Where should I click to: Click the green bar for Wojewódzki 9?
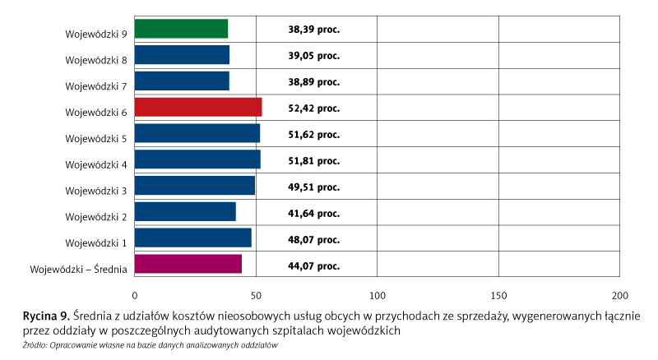pyautogui.click(x=181, y=29)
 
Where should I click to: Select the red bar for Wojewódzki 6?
pyautogui.click(x=197, y=107)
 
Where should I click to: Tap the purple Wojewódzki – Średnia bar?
pyautogui.click(x=188, y=264)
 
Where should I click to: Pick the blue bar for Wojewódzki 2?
pyautogui.click(x=185, y=211)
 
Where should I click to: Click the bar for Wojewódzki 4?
pyautogui.click(x=197, y=159)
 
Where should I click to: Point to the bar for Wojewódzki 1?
pyautogui.click(x=192, y=238)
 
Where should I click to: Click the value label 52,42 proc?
pyautogui.click(x=313, y=108)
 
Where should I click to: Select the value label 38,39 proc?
pyautogui.click(x=313, y=30)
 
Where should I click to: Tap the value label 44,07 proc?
pyautogui.click(x=313, y=265)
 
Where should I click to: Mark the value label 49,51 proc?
pyautogui.click(x=313, y=187)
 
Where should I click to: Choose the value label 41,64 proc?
pyautogui.click(x=313, y=213)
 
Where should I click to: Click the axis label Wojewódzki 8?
pyautogui.click(x=95, y=60)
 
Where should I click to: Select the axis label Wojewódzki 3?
pyautogui.click(x=95, y=192)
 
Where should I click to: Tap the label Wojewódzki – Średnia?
pyautogui.click(x=78, y=270)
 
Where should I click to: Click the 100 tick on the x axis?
pyautogui.click(x=377, y=294)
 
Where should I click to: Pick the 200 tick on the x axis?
pyautogui.click(x=620, y=294)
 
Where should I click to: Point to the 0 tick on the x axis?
pyautogui.click(x=134, y=294)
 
